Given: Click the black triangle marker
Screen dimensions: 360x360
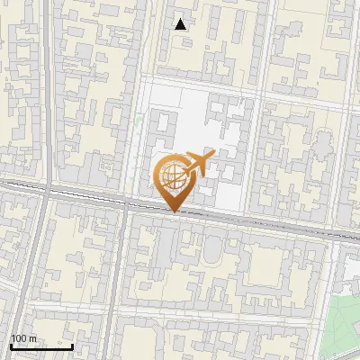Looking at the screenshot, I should (x=181, y=24).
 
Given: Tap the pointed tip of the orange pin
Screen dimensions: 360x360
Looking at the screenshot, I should (x=172, y=211).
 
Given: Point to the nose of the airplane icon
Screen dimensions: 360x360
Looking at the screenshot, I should (x=212, y=157).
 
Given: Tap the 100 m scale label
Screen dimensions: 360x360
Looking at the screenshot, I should (x=23, y=338).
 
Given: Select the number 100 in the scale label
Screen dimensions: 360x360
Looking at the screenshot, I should (x=20, y=338).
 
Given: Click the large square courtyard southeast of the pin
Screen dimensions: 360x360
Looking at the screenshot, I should (x=271, y=266).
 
